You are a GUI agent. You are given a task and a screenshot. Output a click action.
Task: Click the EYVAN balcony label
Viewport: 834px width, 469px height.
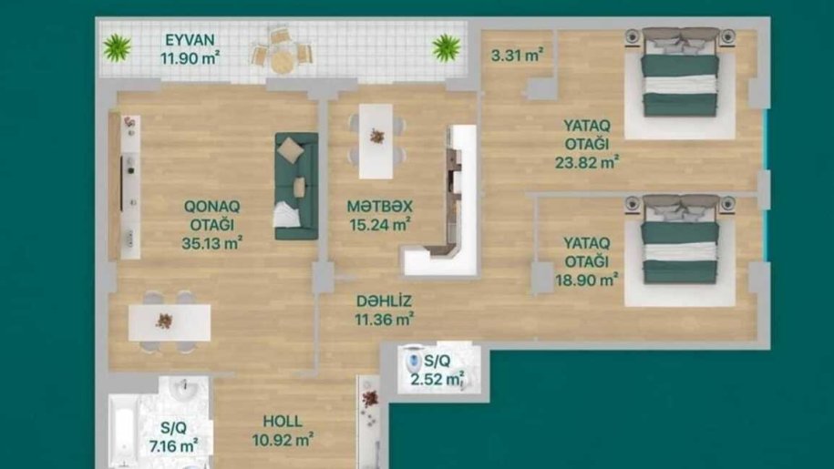point(190,40)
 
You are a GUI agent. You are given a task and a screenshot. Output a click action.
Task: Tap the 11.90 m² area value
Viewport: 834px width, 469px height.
point(190,57)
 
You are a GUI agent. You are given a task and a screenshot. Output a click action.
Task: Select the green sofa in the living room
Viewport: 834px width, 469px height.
point(296,186)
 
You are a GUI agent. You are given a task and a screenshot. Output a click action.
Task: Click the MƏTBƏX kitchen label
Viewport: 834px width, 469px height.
point(380,206)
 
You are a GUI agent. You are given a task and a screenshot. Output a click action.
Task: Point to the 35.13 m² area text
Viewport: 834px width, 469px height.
point(212,243)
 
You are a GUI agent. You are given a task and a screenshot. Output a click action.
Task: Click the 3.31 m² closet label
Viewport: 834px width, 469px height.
point(517,55)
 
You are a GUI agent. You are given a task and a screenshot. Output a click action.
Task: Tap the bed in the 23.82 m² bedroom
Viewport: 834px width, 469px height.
point(680,72)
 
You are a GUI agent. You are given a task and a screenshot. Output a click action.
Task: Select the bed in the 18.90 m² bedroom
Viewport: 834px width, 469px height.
point(680,239)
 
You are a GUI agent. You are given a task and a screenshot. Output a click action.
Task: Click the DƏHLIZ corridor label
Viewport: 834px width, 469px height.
point(384,301)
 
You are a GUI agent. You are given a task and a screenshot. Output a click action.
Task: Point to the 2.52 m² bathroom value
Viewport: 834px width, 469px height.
point(438,379)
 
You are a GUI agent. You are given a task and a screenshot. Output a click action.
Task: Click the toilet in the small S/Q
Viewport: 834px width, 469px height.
point(412,362)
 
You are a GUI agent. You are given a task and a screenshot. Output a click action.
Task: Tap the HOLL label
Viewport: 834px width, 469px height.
point(283,422)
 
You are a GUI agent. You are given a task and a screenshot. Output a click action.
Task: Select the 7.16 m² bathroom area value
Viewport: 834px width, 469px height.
point(174,445)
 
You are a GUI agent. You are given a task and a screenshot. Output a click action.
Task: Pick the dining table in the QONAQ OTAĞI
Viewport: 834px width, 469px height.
point(170,321)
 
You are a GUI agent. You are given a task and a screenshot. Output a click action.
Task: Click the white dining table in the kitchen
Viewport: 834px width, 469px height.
point(376,141)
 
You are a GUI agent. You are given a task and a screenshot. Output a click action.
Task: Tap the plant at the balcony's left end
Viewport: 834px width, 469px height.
point(117,47)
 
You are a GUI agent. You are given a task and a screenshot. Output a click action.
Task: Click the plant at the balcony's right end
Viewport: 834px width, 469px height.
point(447,47)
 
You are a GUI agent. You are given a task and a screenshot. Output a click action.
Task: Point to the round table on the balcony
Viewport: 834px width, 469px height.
point(282,60)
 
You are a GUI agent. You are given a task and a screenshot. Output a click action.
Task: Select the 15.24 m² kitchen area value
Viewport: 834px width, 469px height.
point(380,225)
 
